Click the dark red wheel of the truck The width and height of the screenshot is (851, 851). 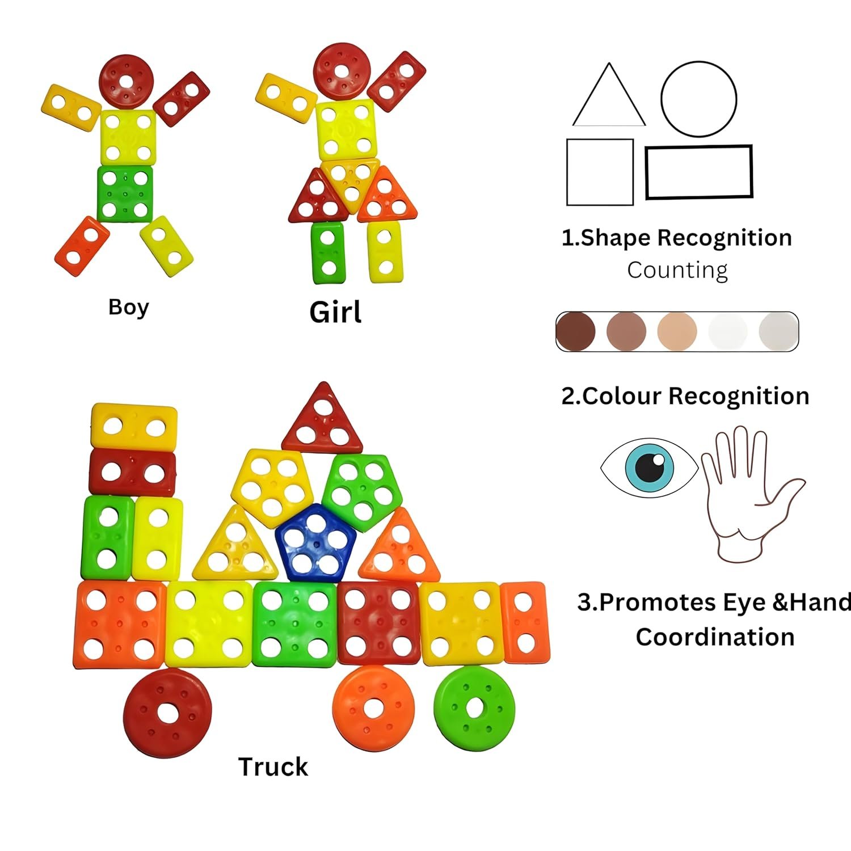coord(167,713)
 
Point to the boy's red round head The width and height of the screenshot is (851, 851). coord(127,82)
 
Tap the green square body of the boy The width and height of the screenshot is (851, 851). coord(125,193)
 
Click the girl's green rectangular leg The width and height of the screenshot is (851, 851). coord(328,252)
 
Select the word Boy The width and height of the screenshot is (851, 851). coord(129,307)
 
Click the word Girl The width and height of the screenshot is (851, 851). coord(335,313)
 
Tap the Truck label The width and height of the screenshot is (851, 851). coord(273,767)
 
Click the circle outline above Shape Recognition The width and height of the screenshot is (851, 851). coord(699,99)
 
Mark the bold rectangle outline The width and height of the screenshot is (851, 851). coord(699,172)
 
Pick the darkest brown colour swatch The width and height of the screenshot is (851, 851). coord(576,331)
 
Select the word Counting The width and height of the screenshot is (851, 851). coord(677,270)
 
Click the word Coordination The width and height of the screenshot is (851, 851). coord(715,637)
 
